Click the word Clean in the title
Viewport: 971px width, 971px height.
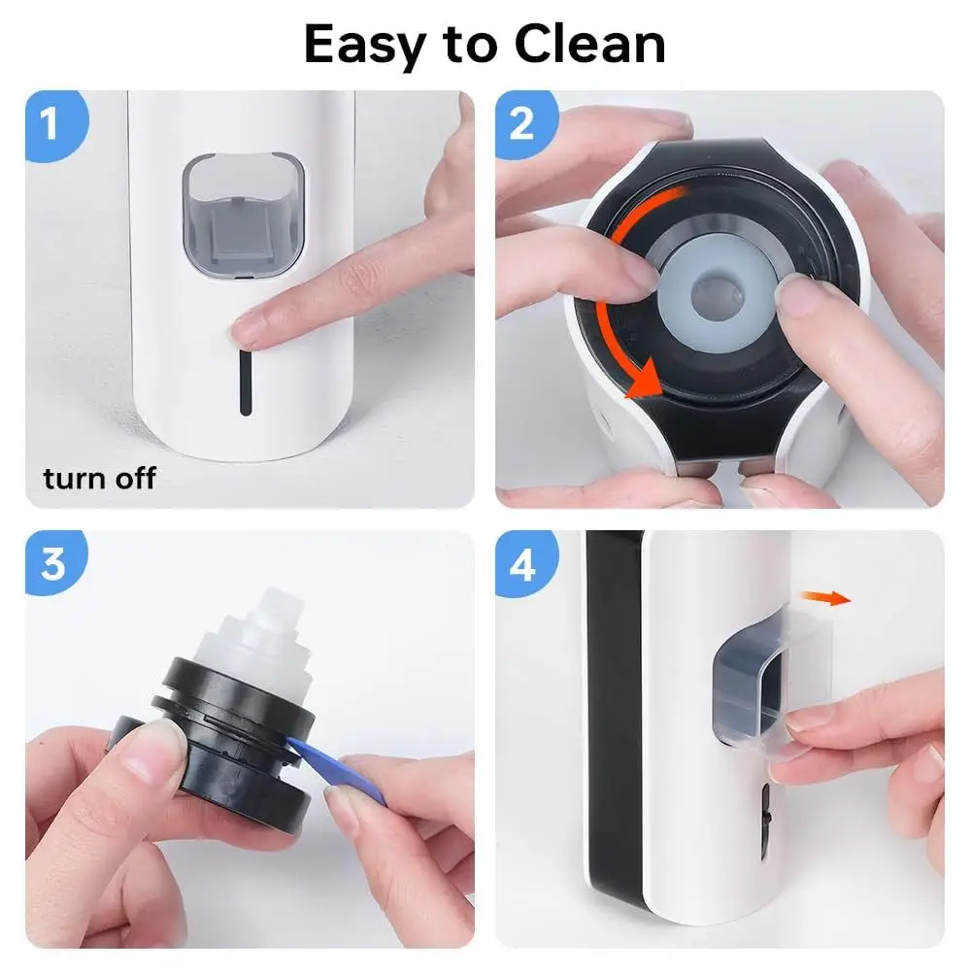[x=590, y=45]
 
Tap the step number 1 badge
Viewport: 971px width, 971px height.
[x=53, y=123]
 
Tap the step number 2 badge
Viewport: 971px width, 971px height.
[x=524, y=123]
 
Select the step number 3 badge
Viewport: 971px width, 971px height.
[x=53, y=563]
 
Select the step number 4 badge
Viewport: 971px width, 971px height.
[x=524, y=563]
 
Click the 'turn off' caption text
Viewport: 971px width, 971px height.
[x=99, y=478]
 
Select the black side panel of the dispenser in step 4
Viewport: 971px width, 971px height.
[x=612, y=738]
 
